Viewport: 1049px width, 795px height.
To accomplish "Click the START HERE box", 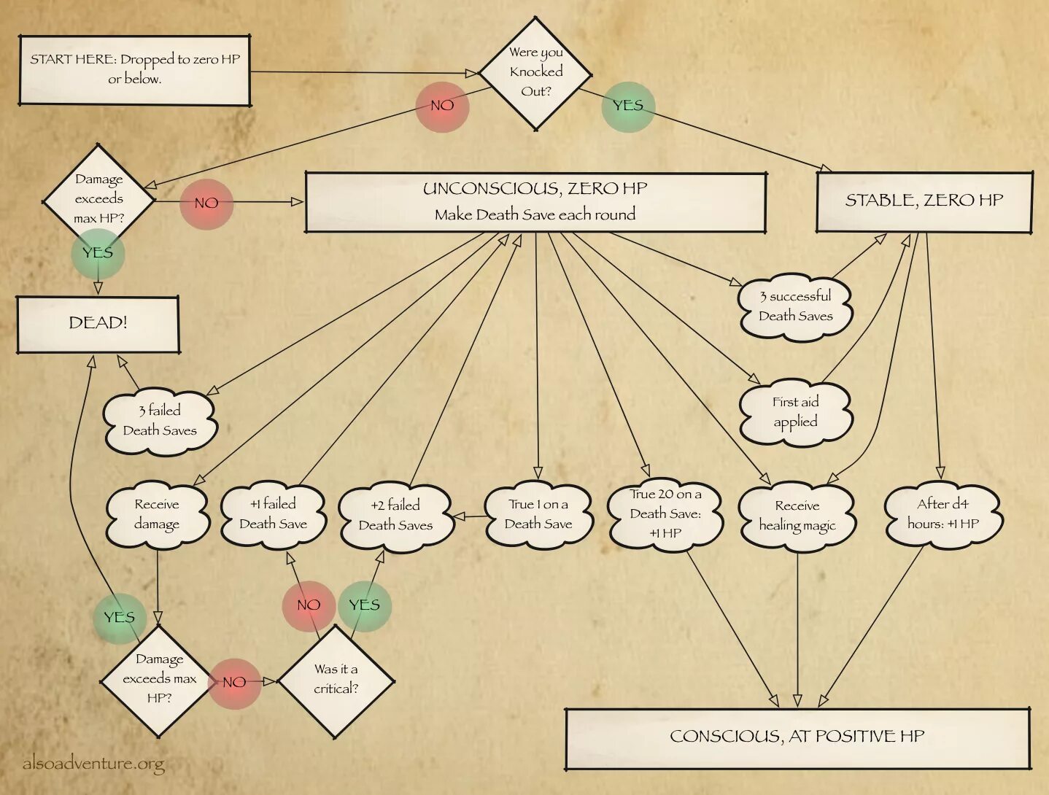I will pos(135,70).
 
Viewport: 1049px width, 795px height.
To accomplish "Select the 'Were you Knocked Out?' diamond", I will pos(536,72).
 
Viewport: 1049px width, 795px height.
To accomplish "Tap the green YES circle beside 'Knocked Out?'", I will pos(628,106).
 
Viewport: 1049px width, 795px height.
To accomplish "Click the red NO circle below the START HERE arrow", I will pos(442,106).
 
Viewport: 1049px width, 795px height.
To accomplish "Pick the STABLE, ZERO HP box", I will pos(924,201).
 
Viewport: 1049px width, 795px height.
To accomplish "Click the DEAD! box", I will pos(98,323).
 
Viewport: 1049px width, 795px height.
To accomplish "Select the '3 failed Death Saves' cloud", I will pos(160,421).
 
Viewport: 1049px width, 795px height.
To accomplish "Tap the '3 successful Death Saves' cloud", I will pos(795,306).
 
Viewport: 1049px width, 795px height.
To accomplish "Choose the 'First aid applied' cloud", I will pos(795,412).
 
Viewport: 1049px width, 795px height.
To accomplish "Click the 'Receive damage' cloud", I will pos(158,514).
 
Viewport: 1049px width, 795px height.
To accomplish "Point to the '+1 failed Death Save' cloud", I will pos(274,514).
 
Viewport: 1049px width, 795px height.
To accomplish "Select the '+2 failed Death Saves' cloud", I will pos(395,516).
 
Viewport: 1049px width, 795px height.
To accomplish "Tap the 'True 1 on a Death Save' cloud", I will pos(538,514).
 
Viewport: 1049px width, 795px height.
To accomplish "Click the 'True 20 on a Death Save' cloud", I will pos(665,514).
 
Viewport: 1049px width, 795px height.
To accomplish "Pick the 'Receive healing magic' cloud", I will pos(797,516).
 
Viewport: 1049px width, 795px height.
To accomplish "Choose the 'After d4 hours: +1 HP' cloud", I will pos(943,514).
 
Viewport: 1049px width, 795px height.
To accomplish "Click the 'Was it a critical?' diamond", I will pos(336,680).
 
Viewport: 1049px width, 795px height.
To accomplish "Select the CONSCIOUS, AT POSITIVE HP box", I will pos(797,737).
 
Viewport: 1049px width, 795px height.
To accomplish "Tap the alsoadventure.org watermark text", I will pos(93,764).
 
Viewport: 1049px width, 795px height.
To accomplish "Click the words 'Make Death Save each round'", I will pos(535,214).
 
